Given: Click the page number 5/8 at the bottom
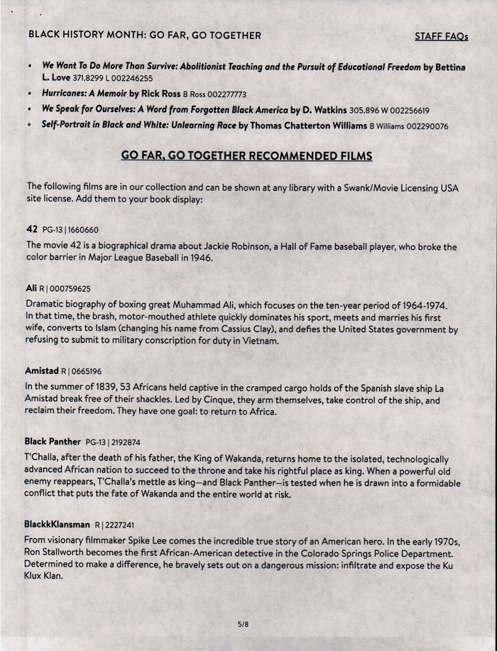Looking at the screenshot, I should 243,624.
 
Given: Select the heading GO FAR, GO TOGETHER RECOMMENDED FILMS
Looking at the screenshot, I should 246,155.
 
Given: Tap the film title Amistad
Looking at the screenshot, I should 41,371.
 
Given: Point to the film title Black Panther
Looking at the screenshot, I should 53,442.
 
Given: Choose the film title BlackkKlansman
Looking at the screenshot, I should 58,525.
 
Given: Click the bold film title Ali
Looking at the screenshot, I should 31,288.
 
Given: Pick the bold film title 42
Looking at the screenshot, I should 31,229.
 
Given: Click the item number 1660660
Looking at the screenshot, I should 82,230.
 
